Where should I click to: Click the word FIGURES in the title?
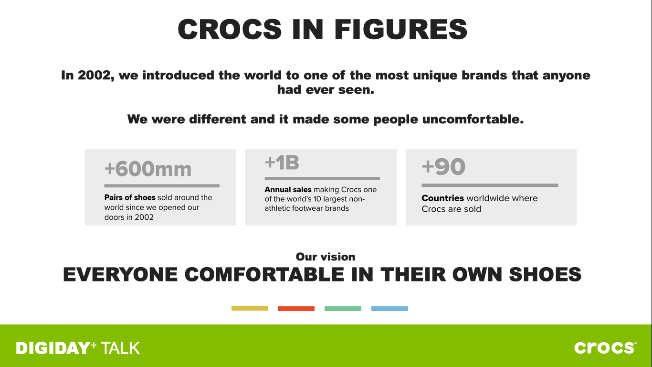point(400,29)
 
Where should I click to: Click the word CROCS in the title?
point(230,29)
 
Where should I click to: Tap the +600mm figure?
point(148,169)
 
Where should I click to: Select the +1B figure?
point(282,162)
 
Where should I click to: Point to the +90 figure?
point(443,166)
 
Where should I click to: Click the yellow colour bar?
point(250,308)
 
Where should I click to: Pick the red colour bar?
point(296,309)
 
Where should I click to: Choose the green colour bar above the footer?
point(343,309)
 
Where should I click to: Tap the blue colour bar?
point(389,309)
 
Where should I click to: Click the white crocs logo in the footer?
point(605,348)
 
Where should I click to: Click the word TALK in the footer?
point(120,348)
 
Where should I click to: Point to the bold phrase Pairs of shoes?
point(130,198)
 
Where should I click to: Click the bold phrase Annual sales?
point(288,190)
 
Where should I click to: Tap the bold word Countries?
point(443,198)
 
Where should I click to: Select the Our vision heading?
point(326,257)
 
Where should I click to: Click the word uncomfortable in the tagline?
point(473,119)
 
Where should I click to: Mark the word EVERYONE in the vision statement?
point(120,275)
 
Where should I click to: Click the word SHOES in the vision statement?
point(545,275)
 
